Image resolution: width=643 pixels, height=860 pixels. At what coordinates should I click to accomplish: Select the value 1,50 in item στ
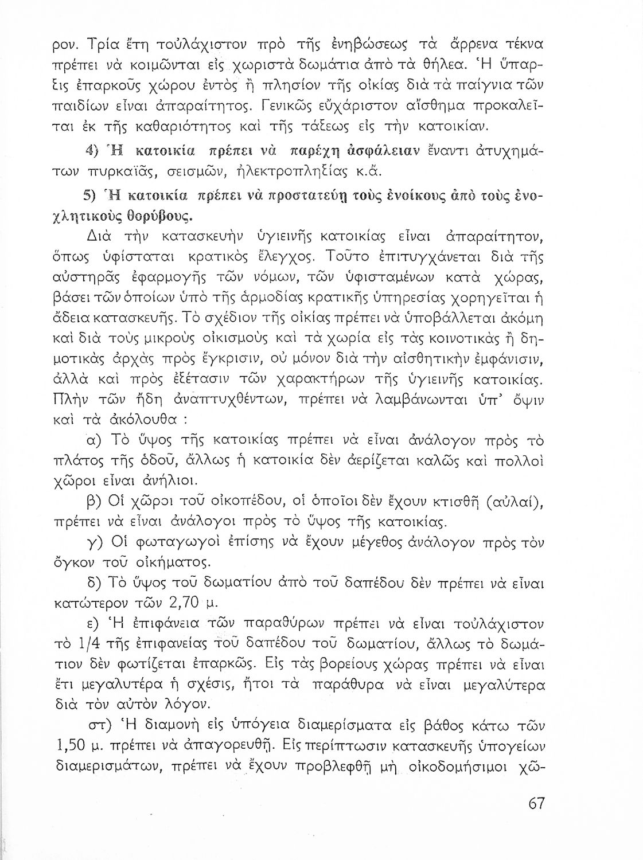75,730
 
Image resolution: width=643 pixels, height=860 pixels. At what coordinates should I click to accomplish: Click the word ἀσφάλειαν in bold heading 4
391,151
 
